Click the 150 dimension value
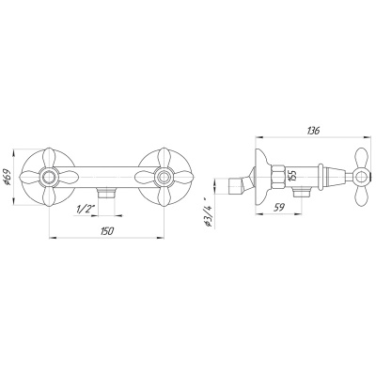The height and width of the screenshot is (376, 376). click(x=107, y=232)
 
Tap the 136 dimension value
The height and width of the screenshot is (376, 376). click(x=313, y=131)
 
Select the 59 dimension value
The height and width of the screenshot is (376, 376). click(x=278, y=208)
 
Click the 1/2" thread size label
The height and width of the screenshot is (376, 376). click(x=85, y=210)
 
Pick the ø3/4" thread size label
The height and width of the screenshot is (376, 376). click(x=209, y=212)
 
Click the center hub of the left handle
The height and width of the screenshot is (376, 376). click(x=49, y=178)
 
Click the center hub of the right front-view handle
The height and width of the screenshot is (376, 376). click(x=164, y=178)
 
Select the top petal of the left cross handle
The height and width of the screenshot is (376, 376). click(x=49, y=158)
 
